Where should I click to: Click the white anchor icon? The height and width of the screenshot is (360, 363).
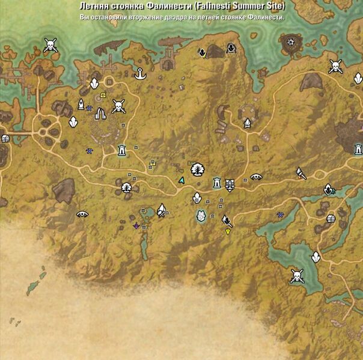pos(141,74)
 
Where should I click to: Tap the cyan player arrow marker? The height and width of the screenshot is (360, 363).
pos(181,180)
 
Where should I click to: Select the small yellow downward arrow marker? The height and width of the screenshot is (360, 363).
pos(228,231)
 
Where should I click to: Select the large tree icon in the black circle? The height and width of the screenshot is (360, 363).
pos(197,169)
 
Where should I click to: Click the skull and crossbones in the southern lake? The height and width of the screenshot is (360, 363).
pos(296,276)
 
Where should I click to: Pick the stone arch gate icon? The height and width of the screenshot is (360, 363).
pos(100,112)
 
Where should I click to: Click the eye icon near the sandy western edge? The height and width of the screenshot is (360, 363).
pos(82,213)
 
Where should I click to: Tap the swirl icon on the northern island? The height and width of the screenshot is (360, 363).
pos(291,42)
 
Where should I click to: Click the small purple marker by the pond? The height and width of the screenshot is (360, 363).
pos(136,225)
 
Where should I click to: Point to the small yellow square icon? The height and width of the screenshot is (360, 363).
pos(103,95)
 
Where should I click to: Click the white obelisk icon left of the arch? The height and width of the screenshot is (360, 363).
pos(81,105)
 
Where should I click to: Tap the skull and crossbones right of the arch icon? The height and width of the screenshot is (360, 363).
pos(118,107)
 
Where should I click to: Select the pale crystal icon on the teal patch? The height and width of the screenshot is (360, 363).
pos(201,216)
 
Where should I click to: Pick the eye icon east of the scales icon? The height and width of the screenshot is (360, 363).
pos(256,177)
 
